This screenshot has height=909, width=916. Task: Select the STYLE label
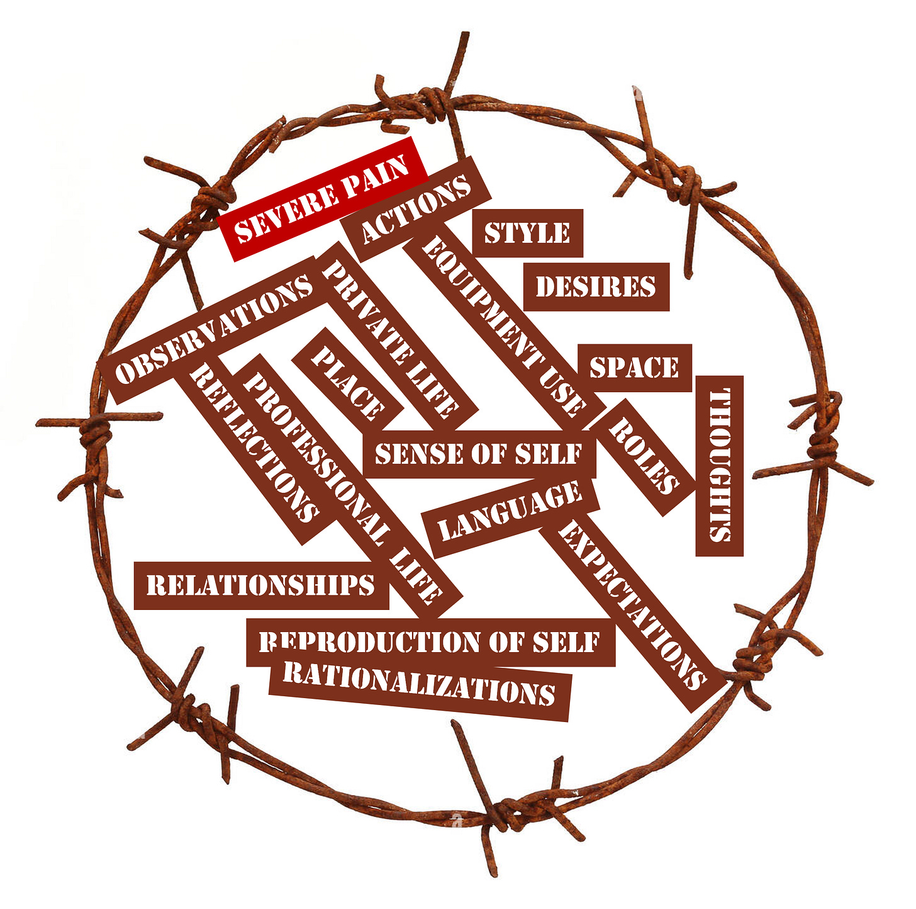click(x=527, y=233)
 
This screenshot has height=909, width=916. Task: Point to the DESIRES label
click(x=596, y=287)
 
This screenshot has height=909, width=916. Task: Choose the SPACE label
click(x=634, y=368)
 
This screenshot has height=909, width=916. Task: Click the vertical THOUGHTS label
click(x=719, y=466)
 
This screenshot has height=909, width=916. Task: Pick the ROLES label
click(x=644, y=456)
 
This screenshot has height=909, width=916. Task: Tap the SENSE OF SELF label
click(x=479, y=454)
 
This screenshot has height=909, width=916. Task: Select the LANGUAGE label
click(x=510, y=511)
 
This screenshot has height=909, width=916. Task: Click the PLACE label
click(x=348, y=383)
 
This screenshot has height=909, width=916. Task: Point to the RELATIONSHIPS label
click(x=260, y=585)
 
